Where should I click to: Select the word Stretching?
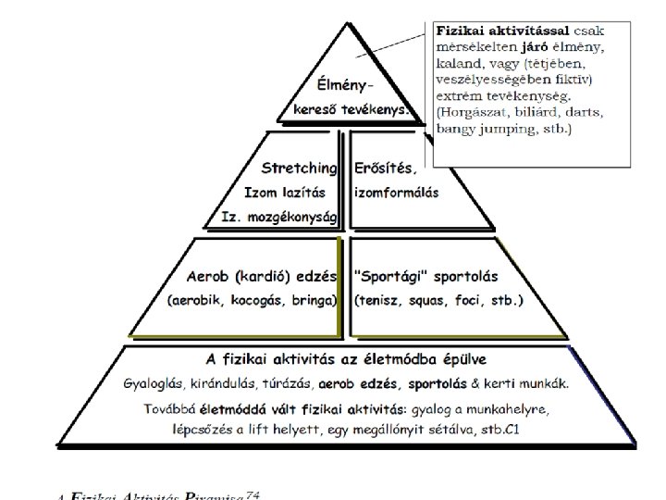299,169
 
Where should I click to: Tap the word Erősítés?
386,169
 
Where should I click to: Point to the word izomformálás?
397,193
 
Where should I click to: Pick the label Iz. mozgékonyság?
279,217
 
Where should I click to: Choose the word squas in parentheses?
429,301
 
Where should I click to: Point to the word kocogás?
249,301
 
